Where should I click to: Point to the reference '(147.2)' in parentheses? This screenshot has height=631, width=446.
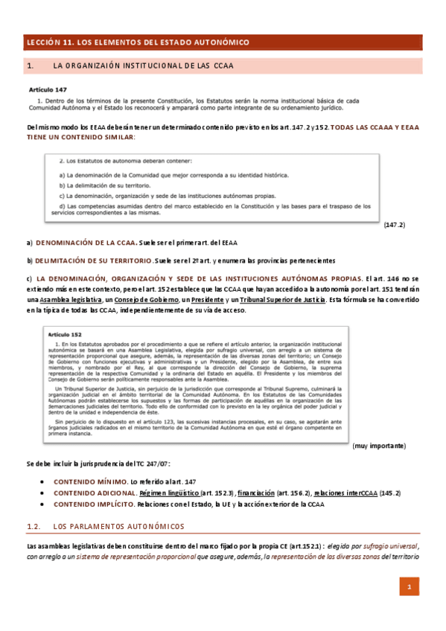[394, 224]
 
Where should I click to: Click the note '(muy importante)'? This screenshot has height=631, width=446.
[379, 445]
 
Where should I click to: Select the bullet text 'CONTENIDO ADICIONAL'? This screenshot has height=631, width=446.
[93, 493]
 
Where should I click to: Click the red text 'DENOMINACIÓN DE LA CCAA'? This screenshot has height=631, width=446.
[85, 243]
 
